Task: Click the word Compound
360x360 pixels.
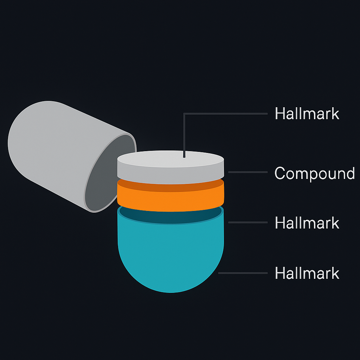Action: pyautogui.click(x=314, y=173)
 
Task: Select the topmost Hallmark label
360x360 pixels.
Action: pyautogui.click(x=307, y=114)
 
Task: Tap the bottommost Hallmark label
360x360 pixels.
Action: pyautogui.click(x=307, y=273)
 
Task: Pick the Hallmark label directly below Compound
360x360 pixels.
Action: pyautogui.click(x=307, y=223)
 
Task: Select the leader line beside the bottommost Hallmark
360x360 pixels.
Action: pyautogui.click(x=243, y=273)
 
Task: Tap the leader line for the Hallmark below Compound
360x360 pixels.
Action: pyautogui.click(x=247, y=222)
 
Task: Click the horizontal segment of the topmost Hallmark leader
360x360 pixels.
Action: pyautogui.click(x=225, y=114)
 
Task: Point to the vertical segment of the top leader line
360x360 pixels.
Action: pyautogui.click(x=184, y=134)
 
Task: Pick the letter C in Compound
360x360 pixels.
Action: pyautogui.click(x=280, y=173)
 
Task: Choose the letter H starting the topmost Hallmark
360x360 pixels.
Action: pyautogui.click(x=279, y=114)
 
